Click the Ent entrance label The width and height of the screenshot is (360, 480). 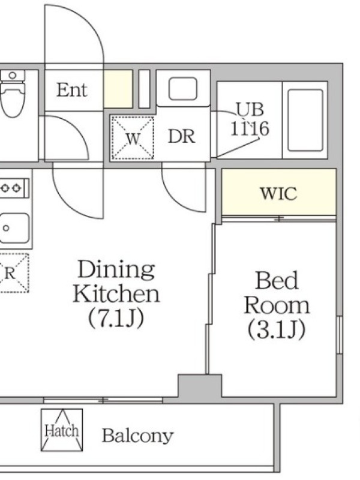coord(72,90)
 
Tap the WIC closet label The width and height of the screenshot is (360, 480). coord(278,193)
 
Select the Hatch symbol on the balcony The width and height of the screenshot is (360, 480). coord(62,430)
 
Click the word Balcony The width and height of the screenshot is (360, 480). coord(137,436)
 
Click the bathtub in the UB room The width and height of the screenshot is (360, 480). coord(305,121)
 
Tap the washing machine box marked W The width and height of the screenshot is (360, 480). coord(132,138)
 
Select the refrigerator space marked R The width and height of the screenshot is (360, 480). coord(14,273)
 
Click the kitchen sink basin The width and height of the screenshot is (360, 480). coord(14,228)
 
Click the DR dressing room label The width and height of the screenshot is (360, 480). coord(182,136)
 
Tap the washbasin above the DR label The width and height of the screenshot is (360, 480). coord(183,88)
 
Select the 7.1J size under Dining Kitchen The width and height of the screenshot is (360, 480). coord(116,319)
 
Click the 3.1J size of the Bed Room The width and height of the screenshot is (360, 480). coord(277,329)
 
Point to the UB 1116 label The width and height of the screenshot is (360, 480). coord(250,119)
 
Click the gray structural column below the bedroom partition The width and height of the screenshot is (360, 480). coord(200,386)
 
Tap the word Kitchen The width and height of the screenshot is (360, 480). coord(116,294)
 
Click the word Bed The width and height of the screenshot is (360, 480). coord(277,280)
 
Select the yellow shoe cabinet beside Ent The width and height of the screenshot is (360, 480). coord(118,89)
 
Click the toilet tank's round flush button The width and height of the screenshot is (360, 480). coord(13,75)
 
